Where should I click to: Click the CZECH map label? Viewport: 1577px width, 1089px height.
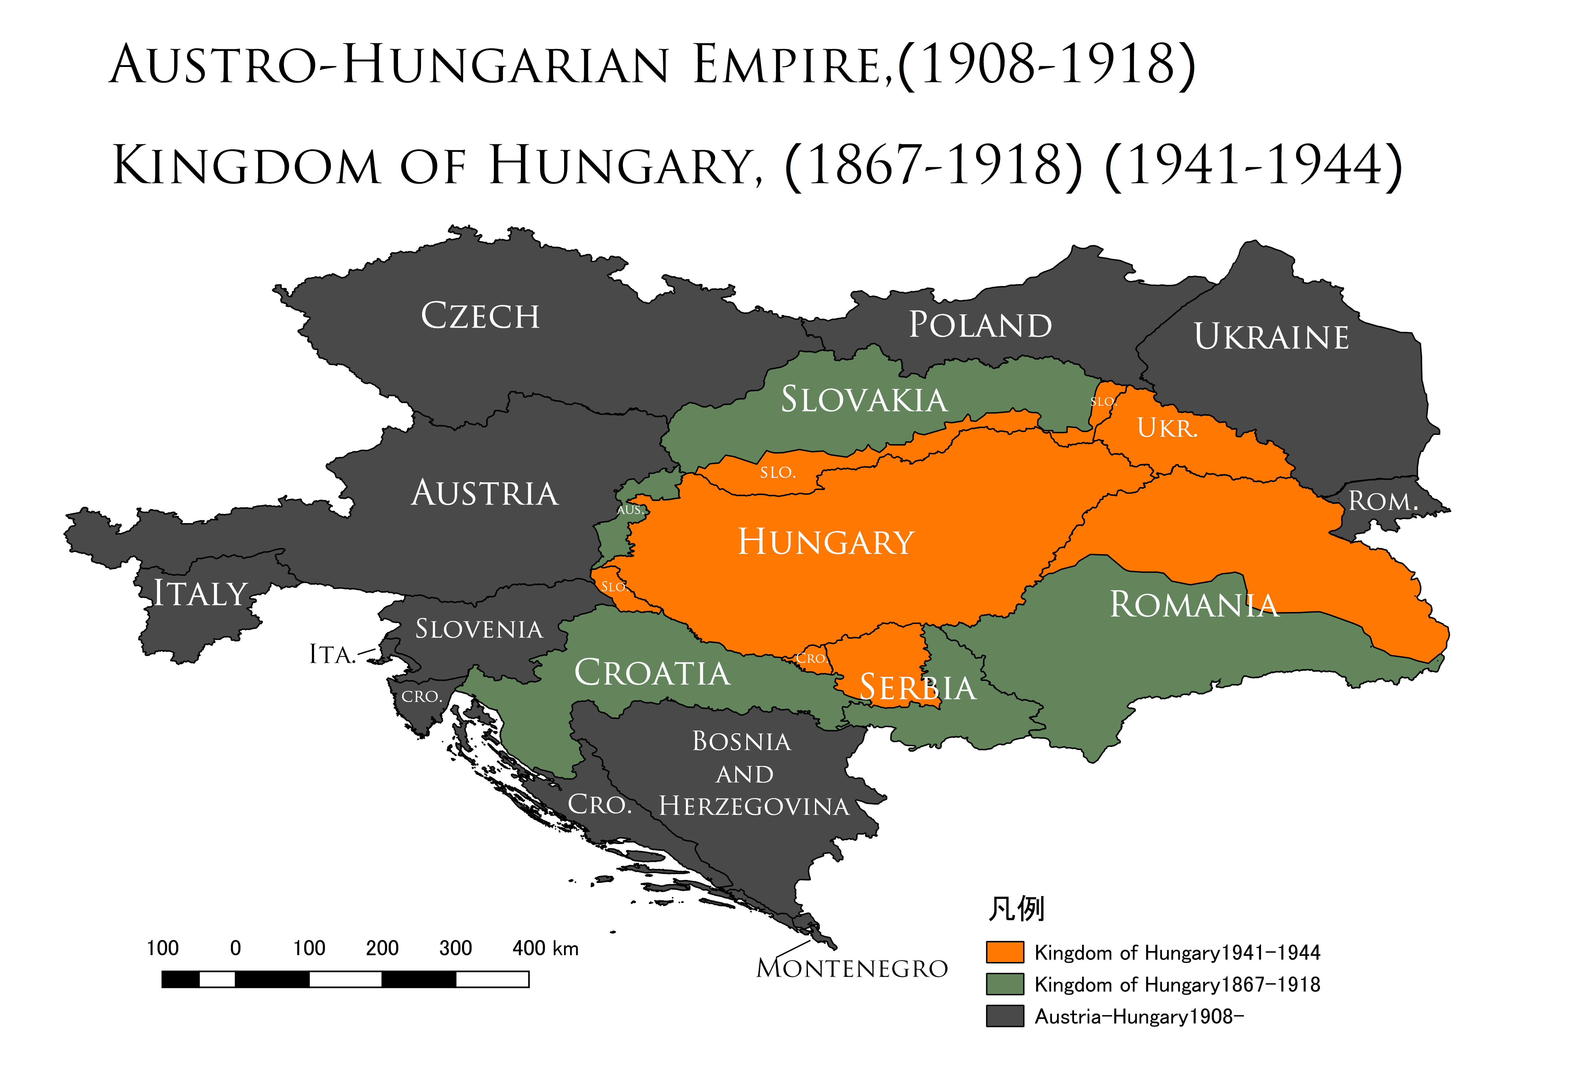click(480, 316)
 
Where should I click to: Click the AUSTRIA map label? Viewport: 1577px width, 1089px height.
click(485, 493)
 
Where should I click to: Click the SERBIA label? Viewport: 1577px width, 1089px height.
click(917, 688)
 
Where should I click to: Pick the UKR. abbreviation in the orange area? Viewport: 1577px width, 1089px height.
click(1167, 429)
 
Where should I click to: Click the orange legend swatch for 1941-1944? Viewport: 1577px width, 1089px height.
click(1005, 952)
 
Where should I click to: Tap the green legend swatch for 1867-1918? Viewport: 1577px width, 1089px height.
click(1005, 984)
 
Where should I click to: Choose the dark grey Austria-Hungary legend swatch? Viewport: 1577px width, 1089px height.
click(1005, 1016)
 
